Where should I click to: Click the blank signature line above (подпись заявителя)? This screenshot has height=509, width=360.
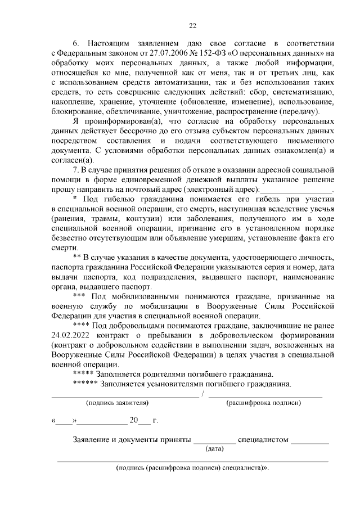125,396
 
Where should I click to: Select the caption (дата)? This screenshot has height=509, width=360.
214,448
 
